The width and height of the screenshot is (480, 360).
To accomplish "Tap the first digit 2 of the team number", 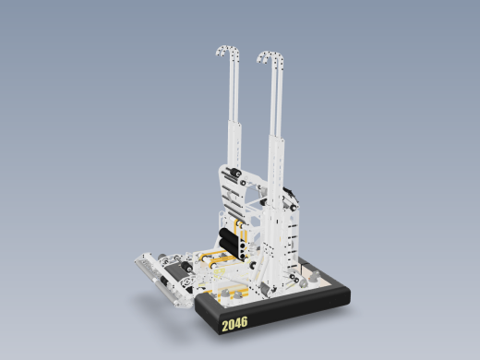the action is [x=225, y=326].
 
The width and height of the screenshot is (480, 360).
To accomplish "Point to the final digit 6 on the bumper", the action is [x=245, y=322].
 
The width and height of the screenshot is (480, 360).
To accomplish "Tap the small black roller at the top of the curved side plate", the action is [x=234, y=173].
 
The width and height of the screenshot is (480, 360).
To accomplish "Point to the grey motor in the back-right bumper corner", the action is [x=314, y=274].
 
